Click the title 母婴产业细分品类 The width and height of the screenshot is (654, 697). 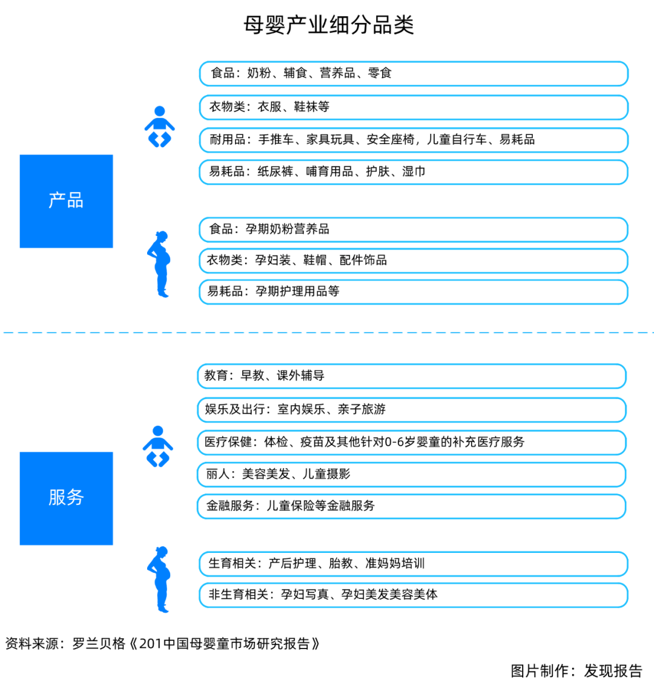pos(329,25)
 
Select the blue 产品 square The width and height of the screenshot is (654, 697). pos(66,201)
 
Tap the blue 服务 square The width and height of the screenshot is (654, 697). pos(66,498)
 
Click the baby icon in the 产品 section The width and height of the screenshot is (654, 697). pos(160,127)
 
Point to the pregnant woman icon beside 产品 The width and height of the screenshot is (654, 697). pos(160,264)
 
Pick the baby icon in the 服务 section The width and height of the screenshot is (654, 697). pos(158,446)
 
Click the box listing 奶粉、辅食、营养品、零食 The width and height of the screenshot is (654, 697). pos(414,73)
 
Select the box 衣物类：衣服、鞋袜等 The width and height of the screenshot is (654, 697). pos(414,107)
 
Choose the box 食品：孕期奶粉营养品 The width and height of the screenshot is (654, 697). pos(414,230)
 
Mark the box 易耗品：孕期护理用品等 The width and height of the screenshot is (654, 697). pos(414,292)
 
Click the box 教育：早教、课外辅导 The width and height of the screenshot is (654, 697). pos(412,376)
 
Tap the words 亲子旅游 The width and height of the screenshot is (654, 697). pos(362,409)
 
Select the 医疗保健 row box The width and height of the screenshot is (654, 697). pos(412,442)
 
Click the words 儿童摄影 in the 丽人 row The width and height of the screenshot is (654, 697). pos(326,474)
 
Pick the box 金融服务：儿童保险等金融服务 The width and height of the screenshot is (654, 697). pos(412,506)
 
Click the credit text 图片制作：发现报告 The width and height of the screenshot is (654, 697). pos(576,671)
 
